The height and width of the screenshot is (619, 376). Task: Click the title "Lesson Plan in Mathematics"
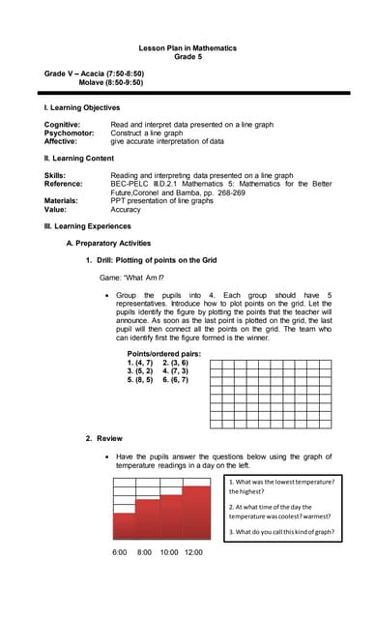coord(188,47)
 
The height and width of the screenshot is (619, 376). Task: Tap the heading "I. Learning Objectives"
coord(82,107)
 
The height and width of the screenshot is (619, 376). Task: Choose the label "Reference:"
coord(64,184)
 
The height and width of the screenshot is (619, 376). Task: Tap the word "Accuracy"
coord(126,209)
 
